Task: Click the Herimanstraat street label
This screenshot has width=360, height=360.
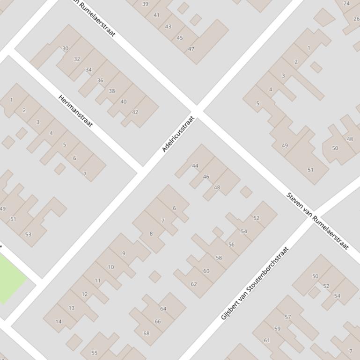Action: tap(75, 111)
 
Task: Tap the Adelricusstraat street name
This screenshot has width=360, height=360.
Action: tap(178, 134)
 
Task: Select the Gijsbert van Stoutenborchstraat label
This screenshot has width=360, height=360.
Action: tap(255, 283)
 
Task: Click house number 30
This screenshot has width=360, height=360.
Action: tap(66, 48)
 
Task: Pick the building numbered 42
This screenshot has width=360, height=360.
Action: tap(135, 112)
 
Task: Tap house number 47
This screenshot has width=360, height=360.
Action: tap(191, 49)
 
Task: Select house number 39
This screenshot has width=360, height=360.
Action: tap(145, 4)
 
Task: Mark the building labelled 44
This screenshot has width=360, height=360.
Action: tap(195, 166)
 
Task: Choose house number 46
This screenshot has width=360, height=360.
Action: tap(206, 177)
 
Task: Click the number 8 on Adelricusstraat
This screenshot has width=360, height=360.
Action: tap(151, 234)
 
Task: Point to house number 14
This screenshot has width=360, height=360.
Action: tap(59, 321)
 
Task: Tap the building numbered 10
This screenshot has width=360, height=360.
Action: tap(111, 267)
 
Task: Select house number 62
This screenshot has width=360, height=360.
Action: tap(194, 284)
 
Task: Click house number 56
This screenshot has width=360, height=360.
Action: tap(231, 245)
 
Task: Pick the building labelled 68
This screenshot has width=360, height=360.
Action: tap(147, 333)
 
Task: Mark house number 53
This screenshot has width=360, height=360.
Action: tap(28, 234)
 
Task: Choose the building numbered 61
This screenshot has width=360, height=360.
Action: tap(267, 340)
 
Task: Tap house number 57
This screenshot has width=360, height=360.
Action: tap(288, 317)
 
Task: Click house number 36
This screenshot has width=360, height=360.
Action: tap(100, 80)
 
